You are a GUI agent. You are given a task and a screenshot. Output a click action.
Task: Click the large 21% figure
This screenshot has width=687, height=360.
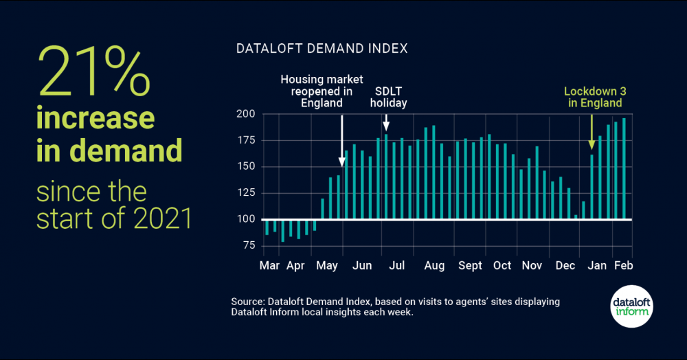93,74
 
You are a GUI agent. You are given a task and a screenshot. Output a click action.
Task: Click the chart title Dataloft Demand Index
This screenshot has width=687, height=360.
322,49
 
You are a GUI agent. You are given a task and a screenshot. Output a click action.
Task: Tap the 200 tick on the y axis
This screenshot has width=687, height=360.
246,114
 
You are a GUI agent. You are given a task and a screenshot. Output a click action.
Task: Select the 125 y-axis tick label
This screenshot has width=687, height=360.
246,193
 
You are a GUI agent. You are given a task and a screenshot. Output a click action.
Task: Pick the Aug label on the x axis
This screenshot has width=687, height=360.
433,265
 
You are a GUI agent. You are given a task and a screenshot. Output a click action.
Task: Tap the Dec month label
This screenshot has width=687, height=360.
565,265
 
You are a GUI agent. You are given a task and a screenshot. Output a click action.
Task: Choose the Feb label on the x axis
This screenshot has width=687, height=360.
622,265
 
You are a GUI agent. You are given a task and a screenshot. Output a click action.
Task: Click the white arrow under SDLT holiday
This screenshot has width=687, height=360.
386,122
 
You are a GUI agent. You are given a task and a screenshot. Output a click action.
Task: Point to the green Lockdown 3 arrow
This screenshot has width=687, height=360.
592,131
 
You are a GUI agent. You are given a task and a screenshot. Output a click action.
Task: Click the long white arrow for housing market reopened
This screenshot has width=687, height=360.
342,137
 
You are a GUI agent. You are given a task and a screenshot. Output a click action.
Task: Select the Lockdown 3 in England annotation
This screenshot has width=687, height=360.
594,97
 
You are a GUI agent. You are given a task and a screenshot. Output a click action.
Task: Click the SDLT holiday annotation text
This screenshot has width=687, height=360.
389,97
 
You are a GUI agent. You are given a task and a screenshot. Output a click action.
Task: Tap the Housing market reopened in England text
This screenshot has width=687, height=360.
322,91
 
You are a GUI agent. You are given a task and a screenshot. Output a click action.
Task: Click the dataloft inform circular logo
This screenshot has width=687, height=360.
631,304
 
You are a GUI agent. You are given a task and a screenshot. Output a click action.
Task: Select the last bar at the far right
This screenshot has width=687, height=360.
624,169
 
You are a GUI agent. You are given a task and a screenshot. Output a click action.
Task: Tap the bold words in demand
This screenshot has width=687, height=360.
109,150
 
